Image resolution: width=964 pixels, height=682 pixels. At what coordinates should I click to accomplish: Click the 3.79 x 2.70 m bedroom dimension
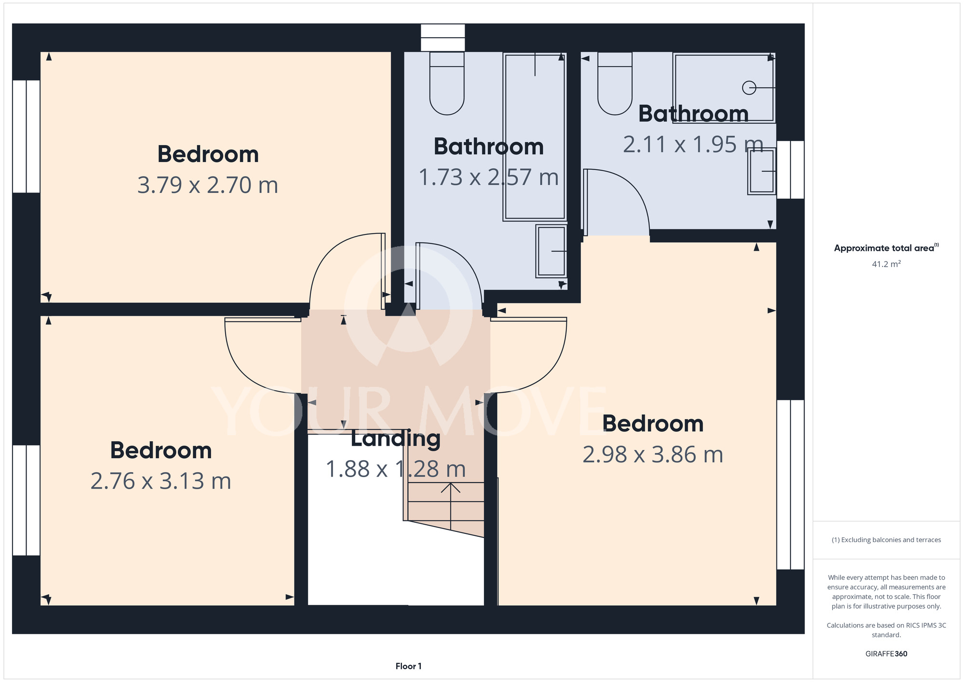tap(208, 185)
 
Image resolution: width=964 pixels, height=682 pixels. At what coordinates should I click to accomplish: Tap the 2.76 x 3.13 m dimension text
tap(161, 481)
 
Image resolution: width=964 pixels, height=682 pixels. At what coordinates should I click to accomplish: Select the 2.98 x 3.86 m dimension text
tap(653, 455)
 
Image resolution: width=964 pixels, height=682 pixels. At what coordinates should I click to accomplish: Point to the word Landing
tap(396, 439)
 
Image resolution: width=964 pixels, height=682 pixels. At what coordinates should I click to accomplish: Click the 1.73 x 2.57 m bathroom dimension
tap(489, 177)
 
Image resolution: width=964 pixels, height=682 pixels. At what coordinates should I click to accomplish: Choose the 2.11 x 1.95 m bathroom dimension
tap(693, 145)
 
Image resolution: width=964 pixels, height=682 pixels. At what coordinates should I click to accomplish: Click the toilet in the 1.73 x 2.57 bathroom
tap(447, 83)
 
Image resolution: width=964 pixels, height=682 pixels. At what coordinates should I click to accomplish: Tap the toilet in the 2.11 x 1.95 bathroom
tap(615, 83)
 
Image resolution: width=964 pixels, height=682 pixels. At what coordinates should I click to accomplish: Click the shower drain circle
tap(749, 88)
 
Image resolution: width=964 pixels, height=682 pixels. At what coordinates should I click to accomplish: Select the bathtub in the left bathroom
tap(535, 136)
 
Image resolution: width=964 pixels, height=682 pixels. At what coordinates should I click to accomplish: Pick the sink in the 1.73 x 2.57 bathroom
tap(551, 251)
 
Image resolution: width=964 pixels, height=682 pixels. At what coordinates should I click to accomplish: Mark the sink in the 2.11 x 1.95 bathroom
tap(762, 171)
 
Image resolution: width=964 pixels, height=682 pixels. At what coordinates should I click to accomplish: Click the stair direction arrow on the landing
tap(451, 506)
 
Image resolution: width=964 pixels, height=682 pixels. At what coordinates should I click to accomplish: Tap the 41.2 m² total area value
tap(886, 264)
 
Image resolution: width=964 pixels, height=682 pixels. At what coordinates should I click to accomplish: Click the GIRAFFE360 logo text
tap(886, 654)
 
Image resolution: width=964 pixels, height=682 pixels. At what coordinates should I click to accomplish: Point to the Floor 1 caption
tap(408, 666)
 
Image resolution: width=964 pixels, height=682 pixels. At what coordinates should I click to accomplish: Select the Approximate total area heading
tap(886, 248)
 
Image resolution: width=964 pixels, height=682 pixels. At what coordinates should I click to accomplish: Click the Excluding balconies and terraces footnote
tap(886, 540)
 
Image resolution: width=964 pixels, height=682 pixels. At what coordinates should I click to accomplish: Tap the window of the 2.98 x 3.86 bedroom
tap(790, 485)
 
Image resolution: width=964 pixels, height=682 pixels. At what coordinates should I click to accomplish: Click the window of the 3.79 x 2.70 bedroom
tap(26, 136)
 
